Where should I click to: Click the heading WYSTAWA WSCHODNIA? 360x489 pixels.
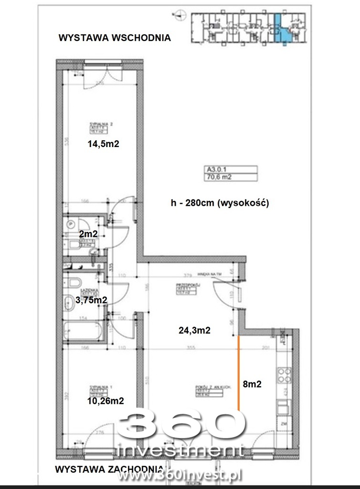[x=114, y=38]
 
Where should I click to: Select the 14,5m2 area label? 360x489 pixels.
[x=102, y=144]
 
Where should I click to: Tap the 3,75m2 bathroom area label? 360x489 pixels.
[x=90, y=299]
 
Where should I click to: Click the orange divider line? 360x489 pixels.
[x=238, y=372]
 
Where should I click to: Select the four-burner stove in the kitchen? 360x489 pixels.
[x=283, y=375]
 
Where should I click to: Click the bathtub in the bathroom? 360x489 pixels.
[x=84, y=330]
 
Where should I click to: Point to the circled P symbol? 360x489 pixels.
[x=71, y=223]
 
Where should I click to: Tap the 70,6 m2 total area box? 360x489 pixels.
[x=231, y=177]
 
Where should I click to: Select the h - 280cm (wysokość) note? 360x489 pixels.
[x=220, y=202]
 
